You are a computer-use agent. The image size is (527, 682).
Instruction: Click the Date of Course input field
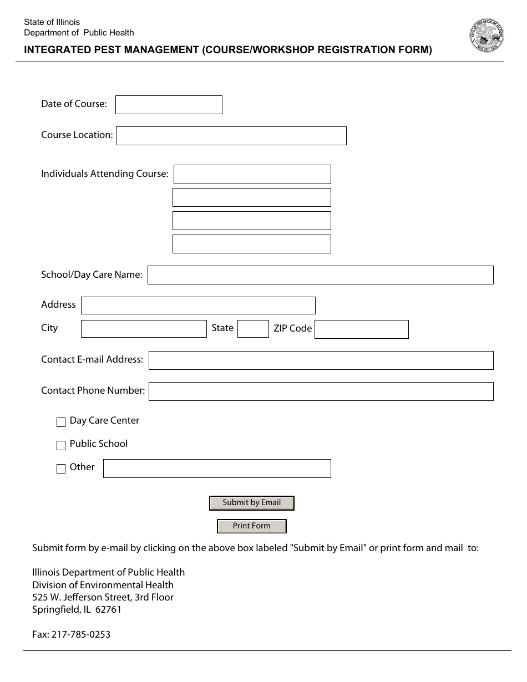point(169,105)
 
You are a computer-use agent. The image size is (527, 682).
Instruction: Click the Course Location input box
point(231,136)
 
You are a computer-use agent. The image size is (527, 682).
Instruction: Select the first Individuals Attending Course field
point(252,174)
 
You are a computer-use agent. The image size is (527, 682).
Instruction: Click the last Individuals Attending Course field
point(252,244)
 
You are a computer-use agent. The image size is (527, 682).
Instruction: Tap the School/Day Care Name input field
point(320,275)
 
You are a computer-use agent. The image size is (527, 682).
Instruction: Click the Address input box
point(198,306)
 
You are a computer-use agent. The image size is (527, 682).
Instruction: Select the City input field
point(144,329)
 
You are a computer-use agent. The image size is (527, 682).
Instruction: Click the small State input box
point(253,329)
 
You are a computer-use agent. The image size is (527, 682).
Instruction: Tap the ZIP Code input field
point(362,329)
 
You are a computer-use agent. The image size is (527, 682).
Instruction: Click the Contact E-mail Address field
point(321,360)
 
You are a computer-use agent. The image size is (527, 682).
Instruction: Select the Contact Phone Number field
point(321,391)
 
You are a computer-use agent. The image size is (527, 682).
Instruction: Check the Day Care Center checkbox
point(61,423)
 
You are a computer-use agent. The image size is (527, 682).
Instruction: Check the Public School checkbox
point(61,445)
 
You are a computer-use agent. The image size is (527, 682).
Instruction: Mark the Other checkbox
point(61,469)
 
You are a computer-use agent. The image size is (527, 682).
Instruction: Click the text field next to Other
point(217,469)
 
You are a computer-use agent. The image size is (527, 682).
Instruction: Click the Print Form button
point(252,526)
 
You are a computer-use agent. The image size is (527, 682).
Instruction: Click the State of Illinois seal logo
point(486,35)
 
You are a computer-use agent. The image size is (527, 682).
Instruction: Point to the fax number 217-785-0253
point(81,634)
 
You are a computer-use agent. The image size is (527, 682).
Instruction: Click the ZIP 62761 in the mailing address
point(108,610)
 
